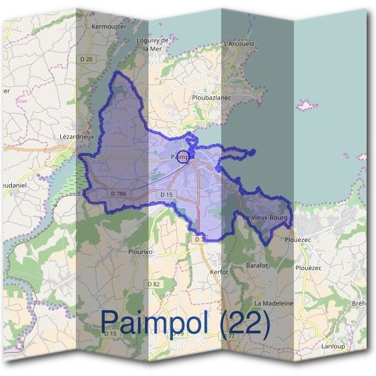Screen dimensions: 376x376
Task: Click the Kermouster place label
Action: click(x=108, y=27)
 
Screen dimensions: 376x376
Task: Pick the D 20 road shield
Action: click(x=87, y=60)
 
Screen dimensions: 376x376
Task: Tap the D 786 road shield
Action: click(x=117, y=194)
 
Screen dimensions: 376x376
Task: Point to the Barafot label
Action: click(x=258, y=265)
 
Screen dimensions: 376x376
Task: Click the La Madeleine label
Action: click(x=274, y=303)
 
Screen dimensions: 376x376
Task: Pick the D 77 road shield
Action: click(x=230, y=337)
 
